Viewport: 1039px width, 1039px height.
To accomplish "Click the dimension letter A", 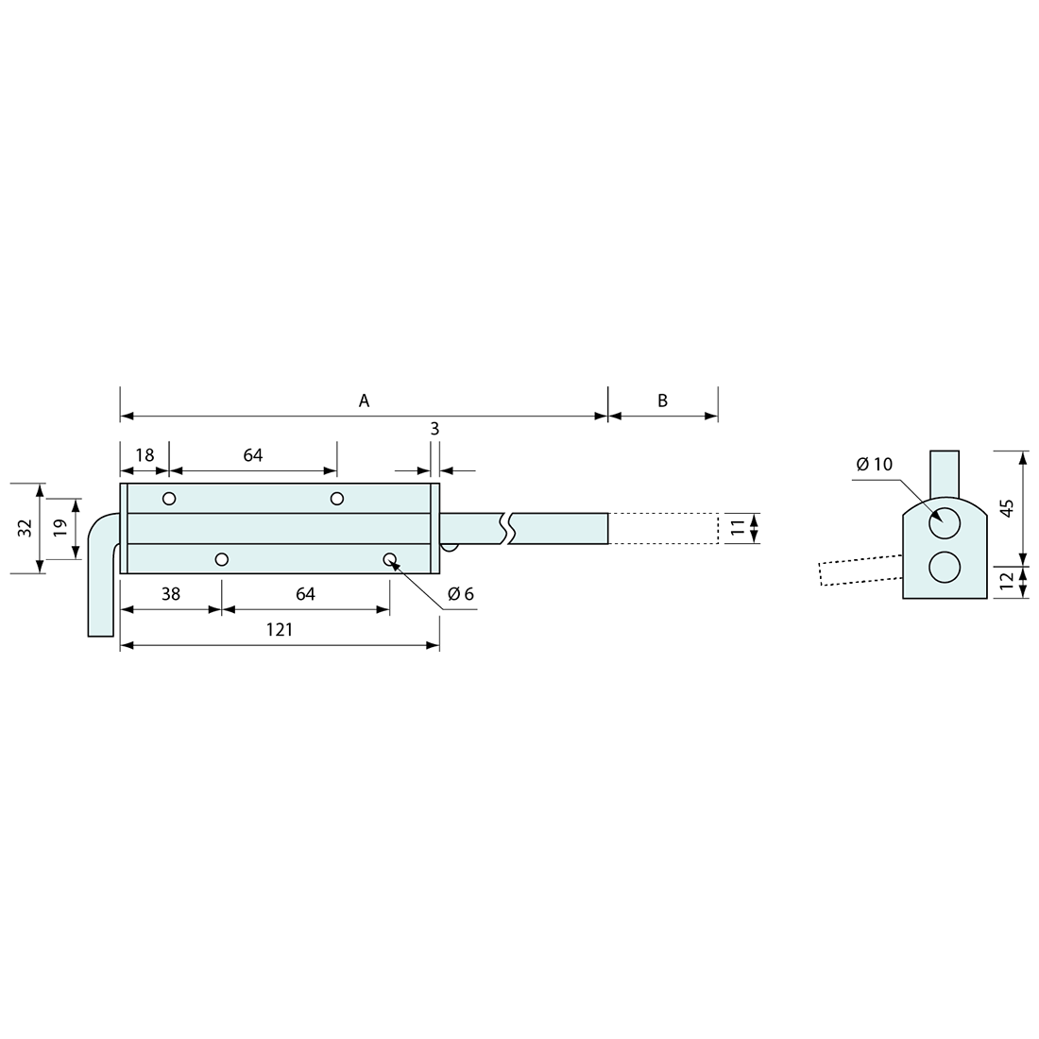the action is point(364,400).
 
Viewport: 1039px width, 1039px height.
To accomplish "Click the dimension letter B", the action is point(663,400).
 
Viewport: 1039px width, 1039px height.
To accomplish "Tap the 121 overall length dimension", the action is point(280,629).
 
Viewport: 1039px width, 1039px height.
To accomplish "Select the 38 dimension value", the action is point(171,594).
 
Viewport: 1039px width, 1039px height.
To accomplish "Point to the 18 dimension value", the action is point(145,455).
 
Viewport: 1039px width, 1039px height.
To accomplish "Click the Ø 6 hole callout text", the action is point(461,594).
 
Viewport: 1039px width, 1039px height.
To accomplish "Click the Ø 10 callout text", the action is point(875,464).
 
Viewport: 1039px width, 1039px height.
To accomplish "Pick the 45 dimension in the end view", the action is point(1007,508).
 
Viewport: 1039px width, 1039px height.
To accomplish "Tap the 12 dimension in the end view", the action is point(1007,581).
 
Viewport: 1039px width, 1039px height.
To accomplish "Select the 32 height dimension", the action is point(25,528).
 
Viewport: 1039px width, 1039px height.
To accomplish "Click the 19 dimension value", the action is point(60,528).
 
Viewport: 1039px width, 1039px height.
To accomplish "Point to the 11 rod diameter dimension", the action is point(739,528).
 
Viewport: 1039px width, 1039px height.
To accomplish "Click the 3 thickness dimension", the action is point(434,429).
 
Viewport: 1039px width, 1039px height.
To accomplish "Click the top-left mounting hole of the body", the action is point(169,499).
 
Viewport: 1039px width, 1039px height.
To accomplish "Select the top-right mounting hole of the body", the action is point(337,499).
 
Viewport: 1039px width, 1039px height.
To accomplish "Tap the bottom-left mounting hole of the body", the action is point(222,559).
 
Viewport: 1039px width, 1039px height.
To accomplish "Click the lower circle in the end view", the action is point(945,568).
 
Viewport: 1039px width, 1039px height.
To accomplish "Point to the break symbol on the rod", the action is point(507,528).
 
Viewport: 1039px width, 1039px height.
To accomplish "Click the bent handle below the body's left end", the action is point(103,574).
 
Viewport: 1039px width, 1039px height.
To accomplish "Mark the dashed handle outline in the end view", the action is point(860,570).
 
